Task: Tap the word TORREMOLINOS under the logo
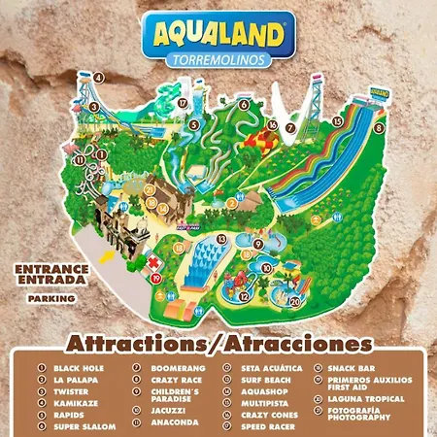point(218,60)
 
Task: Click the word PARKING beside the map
point(51,299)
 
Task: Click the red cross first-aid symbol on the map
point(152,262)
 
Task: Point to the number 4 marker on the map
point(99,77)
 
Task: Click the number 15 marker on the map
point(337,121)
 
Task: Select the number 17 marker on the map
point(182,102)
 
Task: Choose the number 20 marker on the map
point(295,302)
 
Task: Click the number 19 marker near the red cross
point(155,278)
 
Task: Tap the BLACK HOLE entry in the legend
point(80,369)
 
